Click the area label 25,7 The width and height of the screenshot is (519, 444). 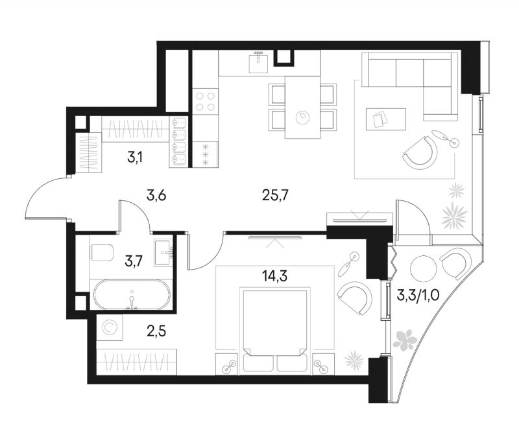pos(275,196)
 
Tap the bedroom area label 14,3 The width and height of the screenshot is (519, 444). pos(274,275)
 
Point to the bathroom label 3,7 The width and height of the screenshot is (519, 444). pos(134,262)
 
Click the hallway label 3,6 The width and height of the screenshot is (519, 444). pos(156,196)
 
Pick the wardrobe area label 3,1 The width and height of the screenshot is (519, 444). pos(135,158)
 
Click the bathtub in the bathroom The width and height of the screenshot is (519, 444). pos(132,295)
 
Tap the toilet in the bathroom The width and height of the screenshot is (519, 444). pos(102,253)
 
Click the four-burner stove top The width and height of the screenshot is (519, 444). pos(205,101)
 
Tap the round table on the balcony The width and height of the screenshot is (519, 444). pos(423,268)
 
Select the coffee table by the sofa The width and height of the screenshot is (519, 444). pos(385,119)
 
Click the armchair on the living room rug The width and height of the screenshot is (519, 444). pos(420,153)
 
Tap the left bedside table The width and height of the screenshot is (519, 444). pos(227,364)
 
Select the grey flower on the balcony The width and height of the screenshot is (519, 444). pos(404,339)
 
